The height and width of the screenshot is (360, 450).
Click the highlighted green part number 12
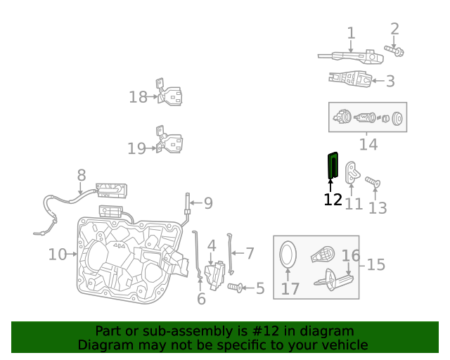[x=332, y=166]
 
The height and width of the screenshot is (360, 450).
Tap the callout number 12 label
[x=333, y=200]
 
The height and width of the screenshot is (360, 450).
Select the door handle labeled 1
[x=349, y=56]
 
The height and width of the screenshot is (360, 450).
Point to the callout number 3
[x=390, y=82]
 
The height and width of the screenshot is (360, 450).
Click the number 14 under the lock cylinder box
[x=368, y=145]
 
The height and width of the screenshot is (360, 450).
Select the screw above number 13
[x=373, y=183]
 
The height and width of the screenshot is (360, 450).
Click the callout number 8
[x=82, y=175]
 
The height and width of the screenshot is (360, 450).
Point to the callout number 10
[x=58, y=254]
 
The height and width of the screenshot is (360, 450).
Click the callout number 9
[x=207, y=203]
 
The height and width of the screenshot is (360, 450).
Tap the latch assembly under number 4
[x=214, y=276]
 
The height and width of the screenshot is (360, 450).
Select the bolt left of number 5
[x=236, y=288]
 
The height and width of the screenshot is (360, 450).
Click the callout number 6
[x=201, y=300]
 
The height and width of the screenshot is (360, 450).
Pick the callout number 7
[x=249, y=252]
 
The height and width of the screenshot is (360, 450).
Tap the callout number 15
[x=376, y=264]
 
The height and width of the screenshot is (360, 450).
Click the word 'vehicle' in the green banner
[x=344, y=345]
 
